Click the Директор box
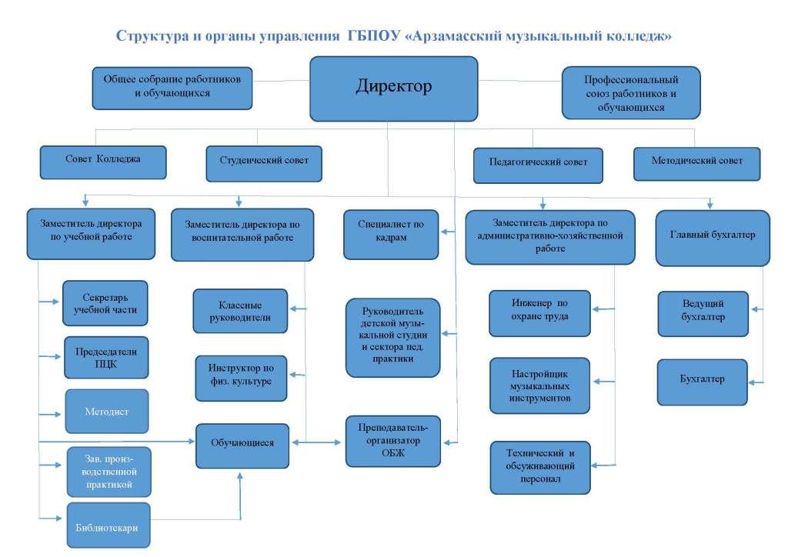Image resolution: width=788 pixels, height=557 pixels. [x=393, y=88]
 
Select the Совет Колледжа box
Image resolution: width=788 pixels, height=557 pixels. [x=103, y=162]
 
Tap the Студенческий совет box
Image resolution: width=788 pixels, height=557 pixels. [x=264, y=163]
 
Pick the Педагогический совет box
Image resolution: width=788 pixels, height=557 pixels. [x=538, y=165]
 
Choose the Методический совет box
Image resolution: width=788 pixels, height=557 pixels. [x=696, y=164]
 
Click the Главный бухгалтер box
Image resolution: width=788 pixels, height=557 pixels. [x=713, y=238]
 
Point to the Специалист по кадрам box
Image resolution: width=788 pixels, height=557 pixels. [x=391, y=234]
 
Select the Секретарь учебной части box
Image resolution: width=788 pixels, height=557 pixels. [x=105, y=303]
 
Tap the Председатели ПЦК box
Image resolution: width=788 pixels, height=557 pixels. [x=106, y=357]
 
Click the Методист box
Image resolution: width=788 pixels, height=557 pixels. [x=106, y=411]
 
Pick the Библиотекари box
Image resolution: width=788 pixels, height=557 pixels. [x=109, y=525]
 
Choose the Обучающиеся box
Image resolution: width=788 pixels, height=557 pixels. [x=242, y=445]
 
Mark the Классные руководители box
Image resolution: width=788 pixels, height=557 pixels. [x=240, y=311]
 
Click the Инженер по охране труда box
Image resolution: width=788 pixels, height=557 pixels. [x=539, y=313]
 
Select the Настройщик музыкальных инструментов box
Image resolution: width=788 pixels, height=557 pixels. [x=539, y=385]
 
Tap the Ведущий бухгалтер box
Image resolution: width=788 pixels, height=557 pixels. [x=703, y=313]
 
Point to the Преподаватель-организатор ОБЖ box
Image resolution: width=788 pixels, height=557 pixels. [x=393, y=441]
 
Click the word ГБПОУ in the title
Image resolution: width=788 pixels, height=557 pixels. [x=373, y=35]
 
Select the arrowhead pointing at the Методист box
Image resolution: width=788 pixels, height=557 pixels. [x=57, y=415]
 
